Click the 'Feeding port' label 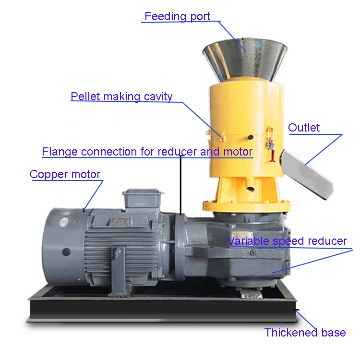pyautogui.click(x=177, y=16)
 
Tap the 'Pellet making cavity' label pyautogui.click(x=121, y=96)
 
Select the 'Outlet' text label pyautogui.click(x=304, y=128)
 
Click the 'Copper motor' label pyautogui.click(x=65, y=174)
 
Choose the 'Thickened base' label pyautogui.click(x=305, y=333)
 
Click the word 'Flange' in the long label pyautogui.click(x=60, y=152)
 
